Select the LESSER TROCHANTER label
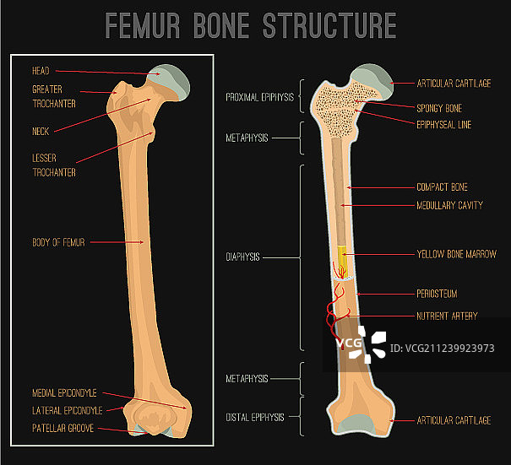[x=54, y=165]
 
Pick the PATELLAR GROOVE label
[x=63, y=429]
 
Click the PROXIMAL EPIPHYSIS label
[x=259, y=97]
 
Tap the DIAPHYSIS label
[x=242, y=257]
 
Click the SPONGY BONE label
[x=439, y=109]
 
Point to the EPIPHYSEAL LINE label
[x=444, y=125]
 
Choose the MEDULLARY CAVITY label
[x=449, y=205]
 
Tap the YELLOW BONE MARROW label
[x=456, y=254]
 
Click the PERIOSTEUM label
[x=438, y=294]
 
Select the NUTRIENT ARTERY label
[x=447, y=316]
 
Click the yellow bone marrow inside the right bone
[x=342, y=259]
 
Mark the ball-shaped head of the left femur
[x=173, y=80]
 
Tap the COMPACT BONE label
[x=442, y=187]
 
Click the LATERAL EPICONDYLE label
[x=67, y=411]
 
